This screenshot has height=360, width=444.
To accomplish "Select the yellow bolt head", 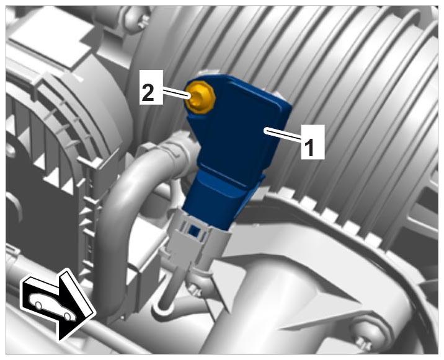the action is pos(200,97).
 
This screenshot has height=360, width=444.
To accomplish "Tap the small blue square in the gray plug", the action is pos(194,230).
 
